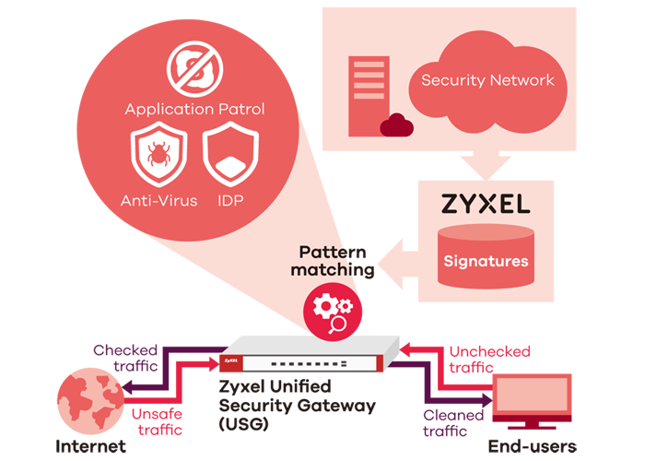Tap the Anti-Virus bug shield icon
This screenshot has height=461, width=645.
click(x=158, y=155)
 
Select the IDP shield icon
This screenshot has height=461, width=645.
click(x=227, y=155)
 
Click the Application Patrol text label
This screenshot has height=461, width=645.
click(x=195, y=109)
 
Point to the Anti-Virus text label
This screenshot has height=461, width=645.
click(x=158, y=200)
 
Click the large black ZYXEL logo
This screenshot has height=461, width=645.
click(x=486, y=202)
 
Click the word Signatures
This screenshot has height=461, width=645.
click(x=486, y=261)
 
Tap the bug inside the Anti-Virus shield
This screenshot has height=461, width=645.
click(x=158, y=152)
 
